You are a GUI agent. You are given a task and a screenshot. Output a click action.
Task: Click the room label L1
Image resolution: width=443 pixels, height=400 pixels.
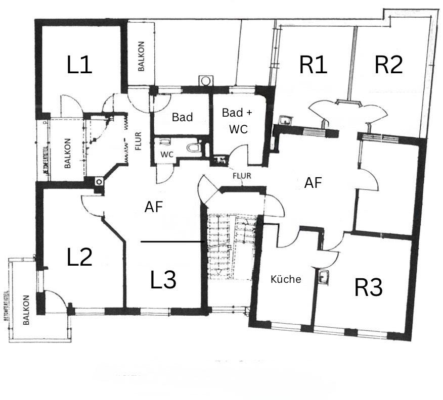[80, 65]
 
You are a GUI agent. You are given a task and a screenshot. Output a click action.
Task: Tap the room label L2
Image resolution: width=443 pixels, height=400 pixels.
[80, 258]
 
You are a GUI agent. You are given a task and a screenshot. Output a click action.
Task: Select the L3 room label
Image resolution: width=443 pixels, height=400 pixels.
[163, 280]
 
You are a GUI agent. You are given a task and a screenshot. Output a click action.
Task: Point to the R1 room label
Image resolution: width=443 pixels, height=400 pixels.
[313, 65]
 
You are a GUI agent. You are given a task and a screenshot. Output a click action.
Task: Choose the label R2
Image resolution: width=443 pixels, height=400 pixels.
[388, 65]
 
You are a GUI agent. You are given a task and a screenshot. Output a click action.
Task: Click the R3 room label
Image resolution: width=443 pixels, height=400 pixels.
[368, 288]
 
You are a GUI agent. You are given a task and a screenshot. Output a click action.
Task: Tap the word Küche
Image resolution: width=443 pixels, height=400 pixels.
[286, 279]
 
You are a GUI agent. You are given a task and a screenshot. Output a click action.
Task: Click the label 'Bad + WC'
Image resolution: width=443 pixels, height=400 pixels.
[237, 121]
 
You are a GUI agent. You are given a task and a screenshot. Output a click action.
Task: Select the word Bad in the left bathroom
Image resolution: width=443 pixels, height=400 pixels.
[182, 117]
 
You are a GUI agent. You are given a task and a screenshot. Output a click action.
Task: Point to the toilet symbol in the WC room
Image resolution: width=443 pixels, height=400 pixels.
[193, 148]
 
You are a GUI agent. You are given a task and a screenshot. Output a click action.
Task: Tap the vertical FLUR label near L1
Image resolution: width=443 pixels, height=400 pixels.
[138, 142]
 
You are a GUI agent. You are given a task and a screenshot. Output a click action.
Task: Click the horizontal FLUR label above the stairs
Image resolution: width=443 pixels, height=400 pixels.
[242, 176]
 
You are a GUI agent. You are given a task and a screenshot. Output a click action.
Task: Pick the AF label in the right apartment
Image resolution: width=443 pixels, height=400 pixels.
[313, 183]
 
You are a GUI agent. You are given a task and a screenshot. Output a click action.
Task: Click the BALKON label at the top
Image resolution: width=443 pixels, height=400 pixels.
[142, 56]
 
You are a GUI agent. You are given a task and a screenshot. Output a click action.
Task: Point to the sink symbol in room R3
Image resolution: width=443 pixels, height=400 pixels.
[324, 277]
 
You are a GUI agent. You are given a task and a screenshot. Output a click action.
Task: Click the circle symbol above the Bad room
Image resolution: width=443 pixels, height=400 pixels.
[206, 81]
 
